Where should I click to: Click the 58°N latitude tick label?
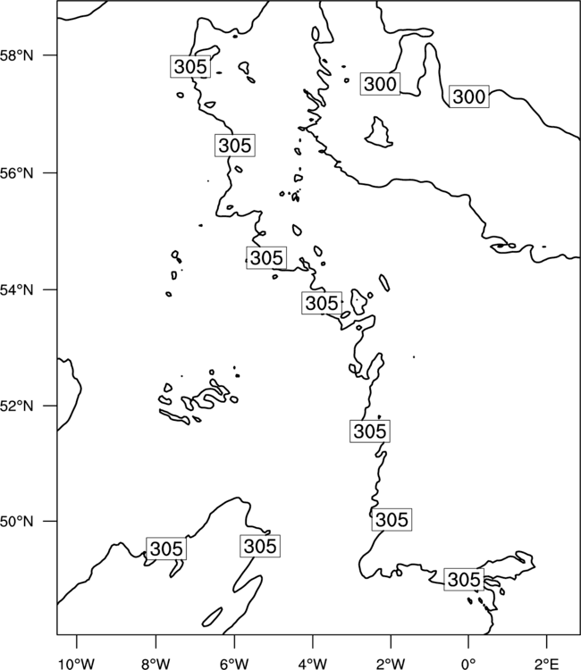tap(16, 55)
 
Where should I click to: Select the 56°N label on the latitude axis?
tap(16, 173)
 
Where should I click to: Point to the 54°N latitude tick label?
tap(16, 290)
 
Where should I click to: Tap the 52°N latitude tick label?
tap(16, 406)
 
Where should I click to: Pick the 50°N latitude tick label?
tap(16, 522)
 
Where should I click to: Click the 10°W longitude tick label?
tap(77, 664)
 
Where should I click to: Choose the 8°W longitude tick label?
tap(156, 664)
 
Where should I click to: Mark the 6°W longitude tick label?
tap(234, 664)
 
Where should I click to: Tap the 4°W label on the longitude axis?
tap(313, 664)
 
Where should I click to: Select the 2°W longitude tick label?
tap(391, 664)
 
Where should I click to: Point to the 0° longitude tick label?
tap(468, 664)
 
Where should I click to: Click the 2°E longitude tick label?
tap(547, 664)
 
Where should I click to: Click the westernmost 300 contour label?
tap(380, 84)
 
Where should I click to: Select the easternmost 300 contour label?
tap(469, 96)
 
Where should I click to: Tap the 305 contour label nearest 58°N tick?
tap(190, 66)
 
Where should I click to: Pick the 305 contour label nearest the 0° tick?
tap(464, 580)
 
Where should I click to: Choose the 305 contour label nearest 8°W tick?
tap(166, 549)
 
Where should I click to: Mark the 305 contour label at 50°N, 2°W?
tap(392, 520)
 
